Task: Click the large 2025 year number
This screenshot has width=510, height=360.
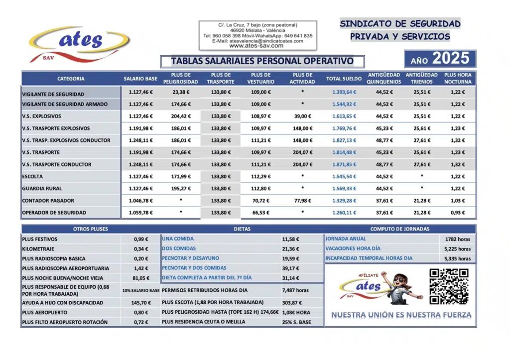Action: coord(450,59)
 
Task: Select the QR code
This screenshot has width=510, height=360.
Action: coord(449,286)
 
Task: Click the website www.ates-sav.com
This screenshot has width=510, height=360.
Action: coord(256,46)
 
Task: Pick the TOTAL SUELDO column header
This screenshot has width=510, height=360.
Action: coord(344,79)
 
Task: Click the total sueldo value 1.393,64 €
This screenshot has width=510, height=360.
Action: coord(344,92)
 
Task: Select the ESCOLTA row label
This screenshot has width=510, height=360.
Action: coord(33,176)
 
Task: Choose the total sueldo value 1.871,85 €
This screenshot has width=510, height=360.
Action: coord(344,164)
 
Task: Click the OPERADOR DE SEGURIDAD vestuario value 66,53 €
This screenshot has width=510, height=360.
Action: coord(260,213)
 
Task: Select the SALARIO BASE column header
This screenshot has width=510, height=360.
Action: coord(140,79)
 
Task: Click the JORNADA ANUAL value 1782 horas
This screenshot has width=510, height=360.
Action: coord(458,239)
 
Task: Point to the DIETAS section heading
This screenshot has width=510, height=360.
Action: coord(242,229)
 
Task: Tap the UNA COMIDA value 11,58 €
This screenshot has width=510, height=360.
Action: coord(290,239)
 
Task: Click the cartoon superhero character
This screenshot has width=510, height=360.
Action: coord(404,286)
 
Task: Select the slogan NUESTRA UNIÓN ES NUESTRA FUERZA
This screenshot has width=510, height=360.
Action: coord(401,315)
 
